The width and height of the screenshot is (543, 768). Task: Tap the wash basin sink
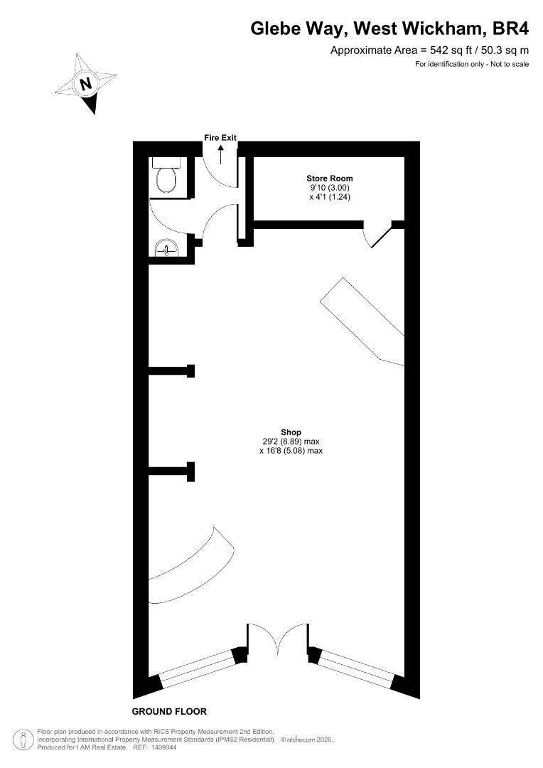pyautogui.click(x=167, y=248)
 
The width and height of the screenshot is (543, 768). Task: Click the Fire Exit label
pyautogui.click(x=220, y=138)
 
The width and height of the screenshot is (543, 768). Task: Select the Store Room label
pyautogui.click(x=330, y=178)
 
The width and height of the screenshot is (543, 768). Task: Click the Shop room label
pyautogui.click(x=291, y=432)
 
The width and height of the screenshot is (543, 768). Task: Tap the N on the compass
pyautogui.click(x=86, y=83)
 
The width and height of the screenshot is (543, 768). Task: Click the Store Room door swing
pyautogui.click(x=377, y=235)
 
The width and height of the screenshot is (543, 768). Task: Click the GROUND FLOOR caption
pyautogui.click(x=169, y=711)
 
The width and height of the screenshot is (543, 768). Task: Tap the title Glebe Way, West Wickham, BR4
pyautogui.click(x=389, y=28)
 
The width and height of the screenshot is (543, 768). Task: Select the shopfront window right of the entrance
pyautogui.click(x=355, y=668)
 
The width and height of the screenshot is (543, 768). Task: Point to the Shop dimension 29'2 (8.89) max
pyautogui.click(x=291, y=442)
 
